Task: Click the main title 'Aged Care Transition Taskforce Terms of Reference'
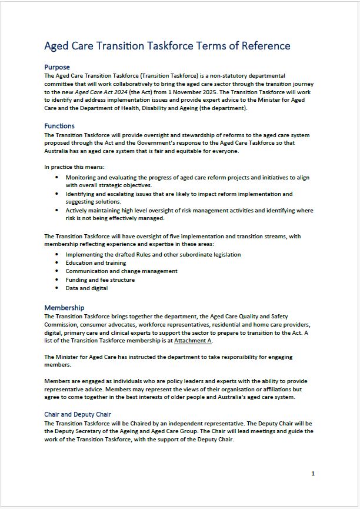tap(167, 46)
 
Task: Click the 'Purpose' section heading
tap(57, 67)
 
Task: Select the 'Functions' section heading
tap(59, 126)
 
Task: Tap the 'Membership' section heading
tap(64, 308)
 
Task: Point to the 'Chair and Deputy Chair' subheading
tap(78, 415)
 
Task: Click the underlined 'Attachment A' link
tap(193, 341)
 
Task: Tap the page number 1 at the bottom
tap(313, 474)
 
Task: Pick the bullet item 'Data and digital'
tap(86, 288)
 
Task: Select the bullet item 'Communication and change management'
tap(121, 271)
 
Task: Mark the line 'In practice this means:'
tap(75, 167)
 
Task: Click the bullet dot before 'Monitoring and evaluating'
tap(56, 177)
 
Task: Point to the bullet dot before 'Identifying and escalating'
tap(56, 194)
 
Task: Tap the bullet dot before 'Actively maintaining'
tap(56, 210)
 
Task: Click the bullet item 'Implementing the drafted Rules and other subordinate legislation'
tap(153, 255)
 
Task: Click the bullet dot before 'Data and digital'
tap(56, 288)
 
